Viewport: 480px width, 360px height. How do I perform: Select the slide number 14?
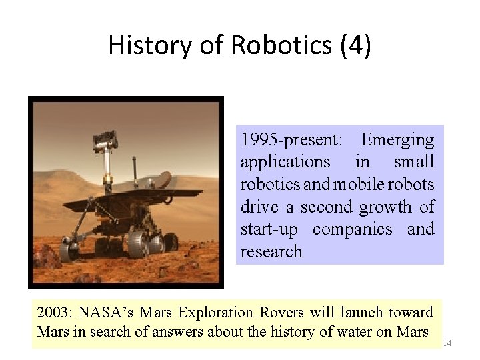[447, 343]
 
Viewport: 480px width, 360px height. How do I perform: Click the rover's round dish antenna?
[163, 179]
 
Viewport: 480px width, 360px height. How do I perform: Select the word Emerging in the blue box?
[397, 140]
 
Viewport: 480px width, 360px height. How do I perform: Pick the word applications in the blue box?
[285, 162]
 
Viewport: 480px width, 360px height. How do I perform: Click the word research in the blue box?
[271, 252]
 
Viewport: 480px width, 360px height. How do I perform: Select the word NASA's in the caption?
[102, 312]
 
